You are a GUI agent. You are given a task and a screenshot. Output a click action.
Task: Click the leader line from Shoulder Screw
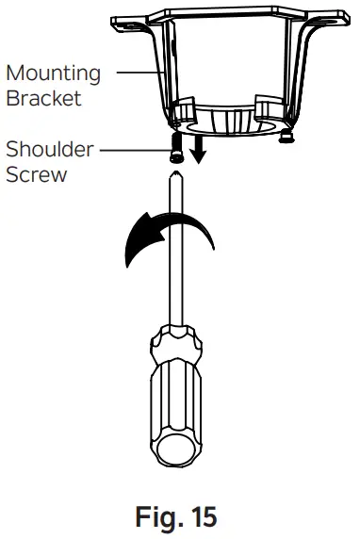click(132, 149)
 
